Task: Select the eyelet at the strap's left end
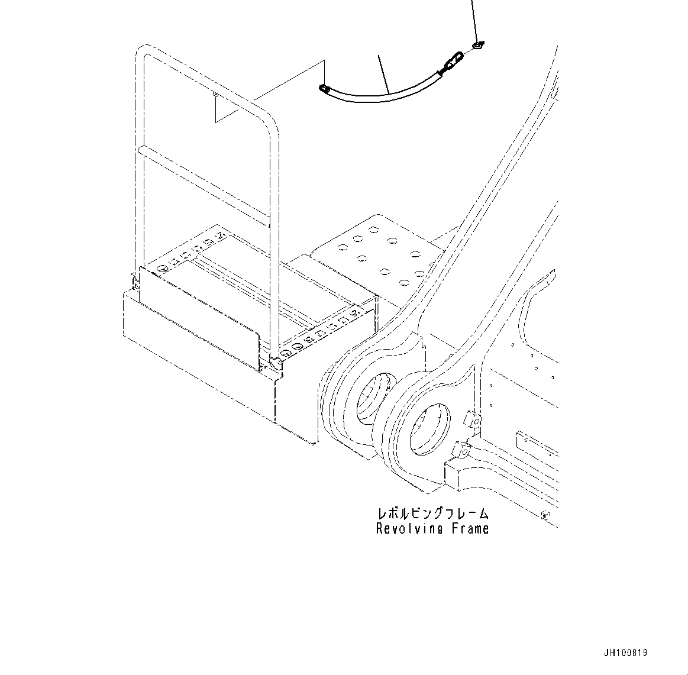click(324, 89)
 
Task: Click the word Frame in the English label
click(471, 528)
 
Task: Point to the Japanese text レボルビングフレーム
click(432, 513)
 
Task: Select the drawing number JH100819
click(626, 653)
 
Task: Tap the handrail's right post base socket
click(276, 359)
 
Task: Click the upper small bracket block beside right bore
click(472, 420)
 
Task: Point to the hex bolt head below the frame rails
click(545, 515)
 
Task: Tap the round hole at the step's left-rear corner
click(160, 268)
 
